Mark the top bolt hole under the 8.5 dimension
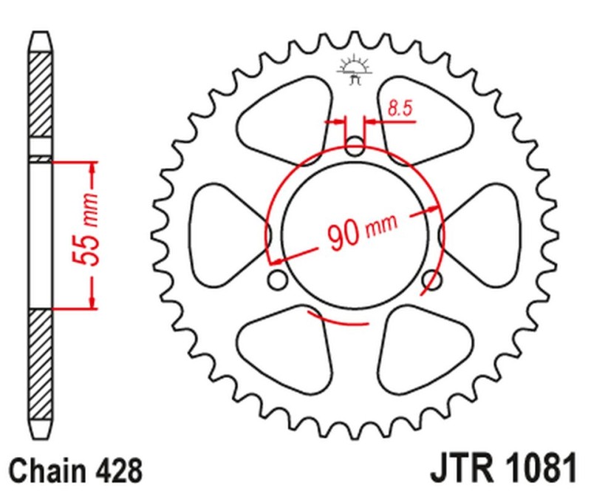(355, 146)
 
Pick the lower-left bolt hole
(278, 280)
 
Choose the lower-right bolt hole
(433, 280)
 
